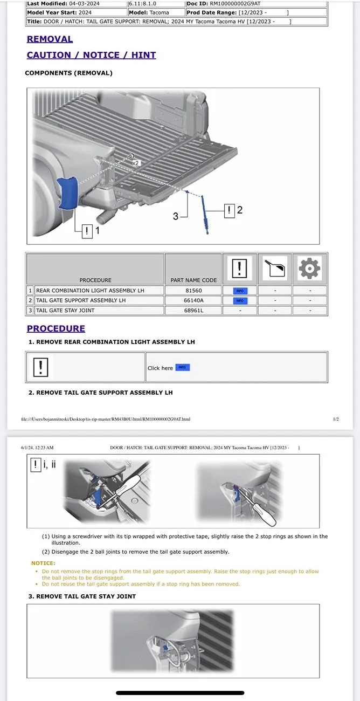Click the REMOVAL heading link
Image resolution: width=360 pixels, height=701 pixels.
(50, 39)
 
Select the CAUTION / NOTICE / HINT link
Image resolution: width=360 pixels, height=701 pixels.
(91, 55)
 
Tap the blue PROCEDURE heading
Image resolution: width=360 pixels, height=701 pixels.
(56, 328)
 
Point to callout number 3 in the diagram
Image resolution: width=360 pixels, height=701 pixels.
(176, 216)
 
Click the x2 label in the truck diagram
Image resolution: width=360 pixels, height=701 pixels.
(135, 162)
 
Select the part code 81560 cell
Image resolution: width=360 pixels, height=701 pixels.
(193, 291)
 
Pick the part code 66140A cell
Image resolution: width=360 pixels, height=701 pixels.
(193, 300)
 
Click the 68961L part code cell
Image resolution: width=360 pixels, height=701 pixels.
(193, 310)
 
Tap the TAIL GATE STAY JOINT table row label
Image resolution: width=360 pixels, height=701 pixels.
(65, 310)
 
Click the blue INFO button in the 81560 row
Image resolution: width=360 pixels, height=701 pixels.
(239, 291)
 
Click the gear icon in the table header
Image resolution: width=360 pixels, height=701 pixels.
(309, 268)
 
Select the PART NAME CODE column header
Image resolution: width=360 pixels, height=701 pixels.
(193, 280)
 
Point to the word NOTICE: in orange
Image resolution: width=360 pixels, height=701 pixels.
(43, 563)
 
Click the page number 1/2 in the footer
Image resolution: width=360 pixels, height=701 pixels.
(336, 419)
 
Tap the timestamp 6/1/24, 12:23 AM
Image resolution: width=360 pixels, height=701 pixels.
(37, 448)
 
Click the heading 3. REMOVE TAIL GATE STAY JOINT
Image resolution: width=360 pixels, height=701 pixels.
(82, 596)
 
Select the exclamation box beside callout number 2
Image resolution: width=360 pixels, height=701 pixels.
(230, 210)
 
